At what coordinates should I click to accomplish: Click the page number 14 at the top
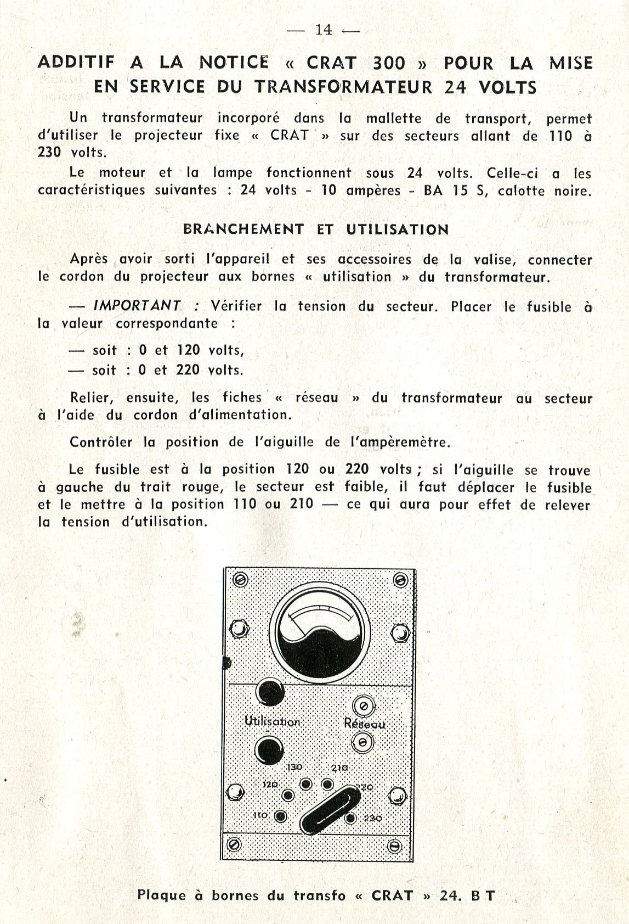tap(324, 30)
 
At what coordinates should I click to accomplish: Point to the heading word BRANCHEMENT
tap(243, 229)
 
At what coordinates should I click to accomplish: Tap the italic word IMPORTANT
tap(137, 306)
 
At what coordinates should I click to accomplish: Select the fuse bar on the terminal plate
tap(328, 810)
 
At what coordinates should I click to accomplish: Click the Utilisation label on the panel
tap(272, 721)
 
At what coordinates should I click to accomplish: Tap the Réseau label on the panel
tap(364, 724)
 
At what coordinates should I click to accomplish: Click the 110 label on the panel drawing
tap(260, 815)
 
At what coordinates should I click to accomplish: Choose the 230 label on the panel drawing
tap(373, 818)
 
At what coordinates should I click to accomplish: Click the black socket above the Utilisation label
tap(270, 692)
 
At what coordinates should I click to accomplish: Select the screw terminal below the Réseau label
tap(362, 743)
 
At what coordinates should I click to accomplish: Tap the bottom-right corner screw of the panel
tap(394, 846)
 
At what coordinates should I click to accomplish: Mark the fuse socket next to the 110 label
tap(280, 816)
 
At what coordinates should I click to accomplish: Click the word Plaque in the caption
tap(162, 895)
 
